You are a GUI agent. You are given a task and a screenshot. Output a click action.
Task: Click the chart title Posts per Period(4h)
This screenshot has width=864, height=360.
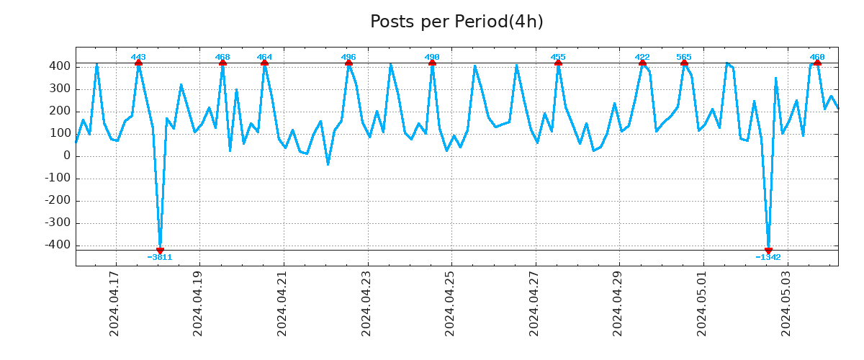[x=456, y=22]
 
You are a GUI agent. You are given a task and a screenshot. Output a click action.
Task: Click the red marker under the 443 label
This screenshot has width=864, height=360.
[x=138, y=63]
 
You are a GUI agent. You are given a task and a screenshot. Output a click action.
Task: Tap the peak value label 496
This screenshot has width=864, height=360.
[x=348, y=57]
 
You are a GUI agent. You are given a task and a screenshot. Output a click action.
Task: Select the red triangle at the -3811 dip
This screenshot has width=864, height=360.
[x=160, y=250]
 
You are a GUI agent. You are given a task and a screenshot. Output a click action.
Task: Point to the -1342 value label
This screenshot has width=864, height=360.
[x=768, y=258]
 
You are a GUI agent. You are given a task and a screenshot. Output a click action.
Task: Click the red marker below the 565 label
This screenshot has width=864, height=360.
[x=684, y=63]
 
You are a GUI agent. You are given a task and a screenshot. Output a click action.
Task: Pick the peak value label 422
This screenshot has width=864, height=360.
[x=642, y=57]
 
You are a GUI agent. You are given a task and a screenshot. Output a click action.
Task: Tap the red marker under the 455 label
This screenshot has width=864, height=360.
[x=558, y=63]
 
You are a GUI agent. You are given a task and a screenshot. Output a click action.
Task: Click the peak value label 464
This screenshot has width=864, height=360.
[x=264, y=57]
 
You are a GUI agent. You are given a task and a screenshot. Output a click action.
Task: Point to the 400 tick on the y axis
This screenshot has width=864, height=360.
[x=60, y=66]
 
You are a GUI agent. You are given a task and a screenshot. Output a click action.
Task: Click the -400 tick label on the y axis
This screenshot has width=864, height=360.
[x=57, y=246]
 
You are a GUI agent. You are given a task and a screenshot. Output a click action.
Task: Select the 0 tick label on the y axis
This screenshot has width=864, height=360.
[x=66, y=156]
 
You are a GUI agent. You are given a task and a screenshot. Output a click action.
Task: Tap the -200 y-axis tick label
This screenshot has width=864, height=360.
[x=57, y=201]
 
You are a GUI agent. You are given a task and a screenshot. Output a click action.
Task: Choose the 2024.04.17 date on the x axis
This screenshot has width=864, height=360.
[x=114, y=303]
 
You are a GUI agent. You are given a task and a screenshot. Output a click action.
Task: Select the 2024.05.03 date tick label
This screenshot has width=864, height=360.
[x=786, y=303]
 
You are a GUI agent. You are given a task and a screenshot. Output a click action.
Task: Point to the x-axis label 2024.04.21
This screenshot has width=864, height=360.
[x=282, y=303]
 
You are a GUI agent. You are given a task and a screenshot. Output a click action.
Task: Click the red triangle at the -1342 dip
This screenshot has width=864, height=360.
[x=768, y=250]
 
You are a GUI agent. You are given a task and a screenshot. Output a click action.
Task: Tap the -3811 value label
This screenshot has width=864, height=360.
[x=160, y=258]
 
